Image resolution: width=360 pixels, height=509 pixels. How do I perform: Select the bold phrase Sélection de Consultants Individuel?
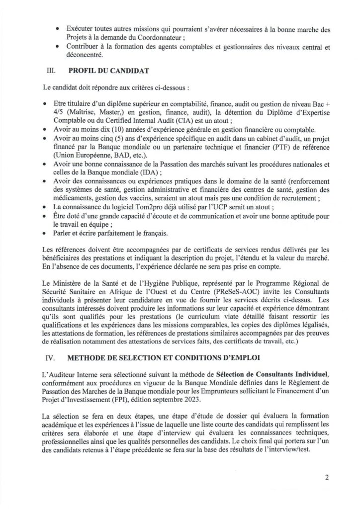266,372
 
